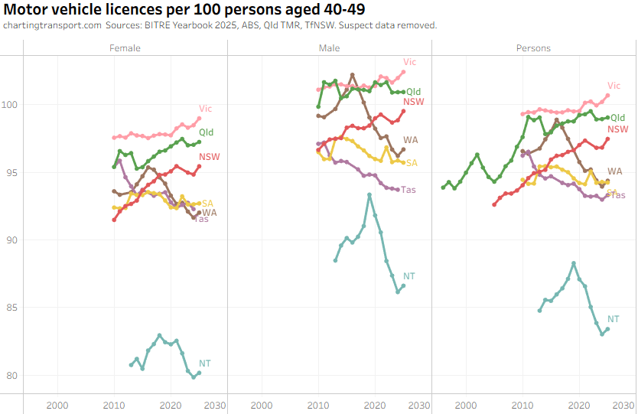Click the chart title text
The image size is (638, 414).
point(184,10)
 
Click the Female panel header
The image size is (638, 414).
point(125,48)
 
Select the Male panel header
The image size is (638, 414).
point(330,48)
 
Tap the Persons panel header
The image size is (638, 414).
point(533,48)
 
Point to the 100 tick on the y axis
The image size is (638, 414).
point(12,105)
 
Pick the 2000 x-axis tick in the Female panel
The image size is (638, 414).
point(57,405)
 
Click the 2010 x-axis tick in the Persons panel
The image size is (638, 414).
point(522,405)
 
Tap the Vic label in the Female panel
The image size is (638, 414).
point(206,109)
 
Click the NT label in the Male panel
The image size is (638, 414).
point(409,275)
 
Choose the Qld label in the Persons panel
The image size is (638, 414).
point(618,118)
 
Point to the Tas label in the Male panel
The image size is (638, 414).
point(409,190)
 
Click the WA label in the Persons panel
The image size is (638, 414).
point(614,171)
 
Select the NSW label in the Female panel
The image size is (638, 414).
point(209,158)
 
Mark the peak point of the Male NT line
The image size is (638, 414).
point(369,195)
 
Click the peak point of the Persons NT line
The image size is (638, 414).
point(573,263)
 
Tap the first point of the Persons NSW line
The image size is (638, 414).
point(494,204)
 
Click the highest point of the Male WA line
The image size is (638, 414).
point(353,75)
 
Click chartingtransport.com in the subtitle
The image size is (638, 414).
point(52,25)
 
